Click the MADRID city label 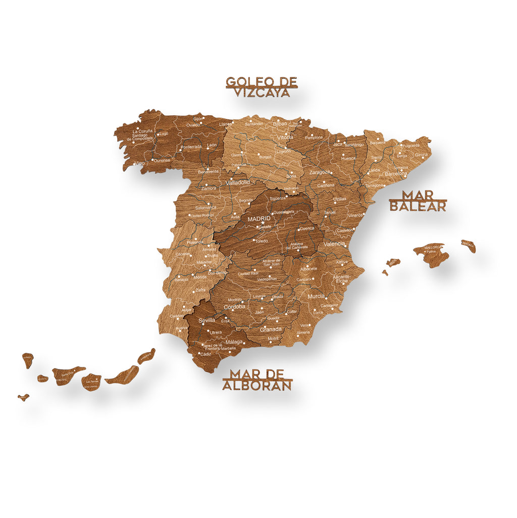[259, 219]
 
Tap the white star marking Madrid [263, 223]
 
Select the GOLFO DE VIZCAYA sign [261, 87]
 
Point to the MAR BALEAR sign [418, 201]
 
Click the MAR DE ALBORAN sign [257, 380]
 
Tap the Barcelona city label [396, 173]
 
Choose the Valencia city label [334, 244]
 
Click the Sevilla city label [206, 320]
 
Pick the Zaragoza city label [320, 172]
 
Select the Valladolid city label [237, 182]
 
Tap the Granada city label [271, 329]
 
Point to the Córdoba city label [234, 306]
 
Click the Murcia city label [316, 296]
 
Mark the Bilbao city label [280, 123]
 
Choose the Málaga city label [234, 342]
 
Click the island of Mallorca [432, 254]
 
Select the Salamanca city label [205, 207]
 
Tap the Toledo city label [261, 241]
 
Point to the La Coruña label [142, 131]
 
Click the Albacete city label [308, 268]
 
